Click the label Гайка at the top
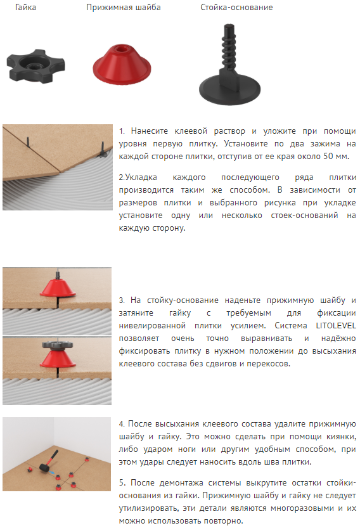coord(25,8)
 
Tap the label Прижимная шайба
coord(123,8)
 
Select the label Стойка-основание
coord(236,8)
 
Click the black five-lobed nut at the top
coord(35,66)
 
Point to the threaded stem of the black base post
coord(228,47)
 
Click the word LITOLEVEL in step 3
coord(336,326)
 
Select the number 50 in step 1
coord(328,156)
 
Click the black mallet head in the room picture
coord(44,467)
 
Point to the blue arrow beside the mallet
coord(51,473)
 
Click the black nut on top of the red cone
coord(58,345)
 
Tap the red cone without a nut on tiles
coord(58,287)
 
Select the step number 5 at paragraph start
coord(122,483)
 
